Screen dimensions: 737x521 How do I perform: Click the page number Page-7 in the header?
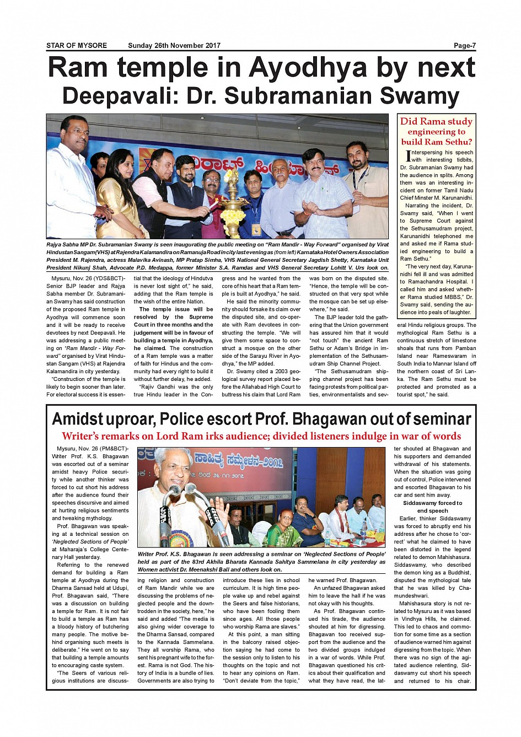coord(464,46)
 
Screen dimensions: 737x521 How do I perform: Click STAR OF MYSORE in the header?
coord(77,46)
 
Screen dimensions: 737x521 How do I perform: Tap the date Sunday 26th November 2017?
coord(174,46)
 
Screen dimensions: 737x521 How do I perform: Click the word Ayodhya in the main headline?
coord(308,68)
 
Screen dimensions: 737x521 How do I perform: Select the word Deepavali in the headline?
coord(120,96)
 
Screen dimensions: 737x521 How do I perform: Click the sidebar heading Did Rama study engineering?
coord(436,131)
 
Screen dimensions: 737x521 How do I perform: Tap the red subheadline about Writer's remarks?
coord(261,436)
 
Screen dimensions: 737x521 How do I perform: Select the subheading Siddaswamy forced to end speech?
coord(432,507)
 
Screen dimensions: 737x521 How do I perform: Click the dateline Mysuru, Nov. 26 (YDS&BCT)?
coord(85,278)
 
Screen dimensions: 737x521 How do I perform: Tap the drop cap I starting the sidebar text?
coord(408,156)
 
